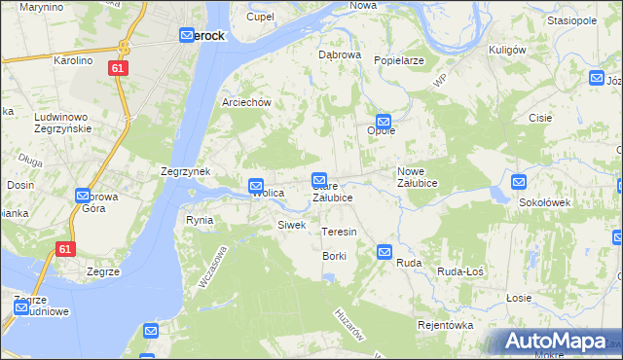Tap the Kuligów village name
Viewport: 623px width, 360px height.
(507, 50)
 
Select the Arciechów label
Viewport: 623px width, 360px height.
(245, 102)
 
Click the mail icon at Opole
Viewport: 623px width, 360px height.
(384, 117)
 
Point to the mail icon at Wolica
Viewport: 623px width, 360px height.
(255, 185)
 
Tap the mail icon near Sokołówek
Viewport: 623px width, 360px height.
(519, 181)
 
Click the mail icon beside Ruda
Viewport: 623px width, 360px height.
(385, 252)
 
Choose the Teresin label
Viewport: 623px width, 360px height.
(339, 232)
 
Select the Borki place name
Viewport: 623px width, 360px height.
(334, 256)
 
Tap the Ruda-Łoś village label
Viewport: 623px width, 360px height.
(461, 271)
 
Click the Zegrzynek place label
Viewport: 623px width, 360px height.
(185, 171)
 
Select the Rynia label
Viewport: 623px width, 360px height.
(200, 220)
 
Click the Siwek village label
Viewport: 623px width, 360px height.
(292, 225)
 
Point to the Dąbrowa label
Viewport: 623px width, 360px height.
(340, 54)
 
